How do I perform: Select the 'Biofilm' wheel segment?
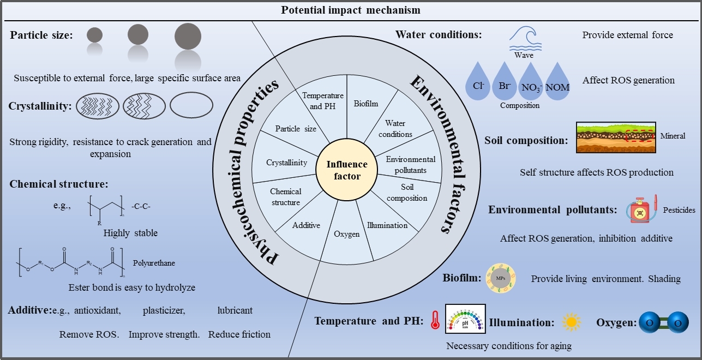point(365,103)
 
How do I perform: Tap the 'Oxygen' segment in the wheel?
point(346,234)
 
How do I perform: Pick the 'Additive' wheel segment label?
point(306,225)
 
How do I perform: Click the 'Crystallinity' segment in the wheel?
point(286,163)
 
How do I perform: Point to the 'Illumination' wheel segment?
point(387,225)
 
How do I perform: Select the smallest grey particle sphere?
point(94,35)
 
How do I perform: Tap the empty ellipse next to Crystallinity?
point(191,106)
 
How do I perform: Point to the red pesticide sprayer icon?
point(642,211)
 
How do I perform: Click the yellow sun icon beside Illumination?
point(571,322)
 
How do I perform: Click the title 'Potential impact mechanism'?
point(350,9)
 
